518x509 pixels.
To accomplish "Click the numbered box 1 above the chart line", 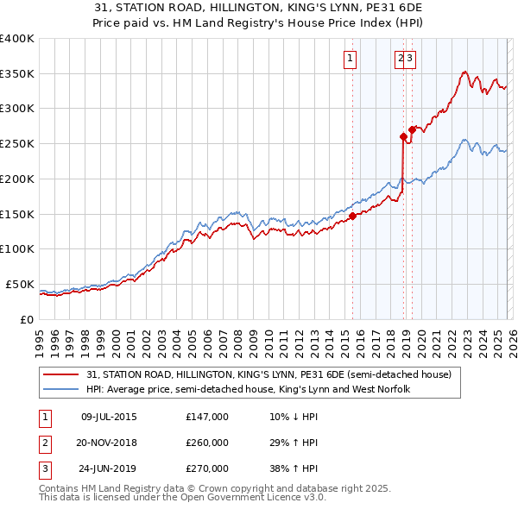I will pyautogui.click(x=351, y=59).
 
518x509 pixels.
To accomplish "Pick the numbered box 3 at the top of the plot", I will pyautogui.click(x=409, y=59).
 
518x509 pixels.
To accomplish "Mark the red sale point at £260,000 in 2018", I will pyautogui.click(x=403, y=136).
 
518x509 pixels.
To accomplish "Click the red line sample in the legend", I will pyautogui.click(x=62, y=374).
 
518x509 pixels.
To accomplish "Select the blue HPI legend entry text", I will pyautogui.click(x=248, y=389).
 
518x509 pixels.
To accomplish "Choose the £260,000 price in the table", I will pyautogui.click(x=207, y=443).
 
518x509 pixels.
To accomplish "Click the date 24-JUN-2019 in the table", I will pyautogui.click(x=109, y=469).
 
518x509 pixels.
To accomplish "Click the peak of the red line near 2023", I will pyautogui.click(x=465, y=72).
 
